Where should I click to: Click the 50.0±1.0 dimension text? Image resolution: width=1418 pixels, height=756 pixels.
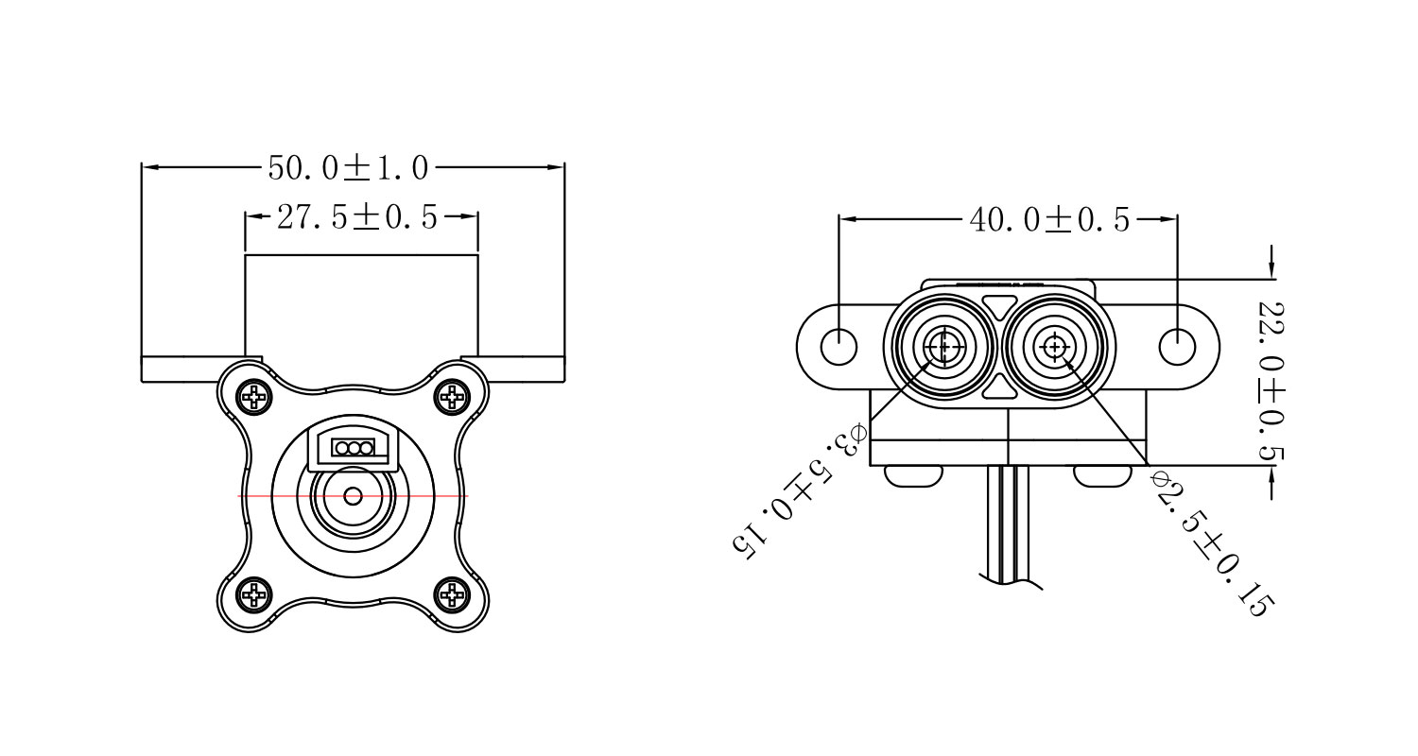[x=349, y=168]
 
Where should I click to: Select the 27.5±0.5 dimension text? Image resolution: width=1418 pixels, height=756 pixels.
[x=357, y=218]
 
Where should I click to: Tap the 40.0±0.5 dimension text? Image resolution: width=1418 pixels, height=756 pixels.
[x=1049, y=220]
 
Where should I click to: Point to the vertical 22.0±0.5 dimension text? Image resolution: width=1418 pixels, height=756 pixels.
[x=1271, y=383]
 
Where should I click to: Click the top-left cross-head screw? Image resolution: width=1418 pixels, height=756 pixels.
[x=254, y=396]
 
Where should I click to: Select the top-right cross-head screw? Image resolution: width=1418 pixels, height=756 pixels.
[x=453, y=396]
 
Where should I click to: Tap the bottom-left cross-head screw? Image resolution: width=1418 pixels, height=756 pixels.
[x=254, y=594]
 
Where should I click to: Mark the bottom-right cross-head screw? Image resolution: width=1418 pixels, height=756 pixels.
[x=453, y=594]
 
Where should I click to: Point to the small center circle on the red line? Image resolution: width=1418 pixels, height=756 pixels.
[x=354, y=495]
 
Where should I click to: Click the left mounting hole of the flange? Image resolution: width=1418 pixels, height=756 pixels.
[x=839, y=347]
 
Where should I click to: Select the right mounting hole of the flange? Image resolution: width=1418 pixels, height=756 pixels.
[x=1177, y=347]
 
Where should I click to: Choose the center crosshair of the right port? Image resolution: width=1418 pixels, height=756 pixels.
[x=1055, y=348]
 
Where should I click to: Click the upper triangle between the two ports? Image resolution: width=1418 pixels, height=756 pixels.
[x=999, y=305]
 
